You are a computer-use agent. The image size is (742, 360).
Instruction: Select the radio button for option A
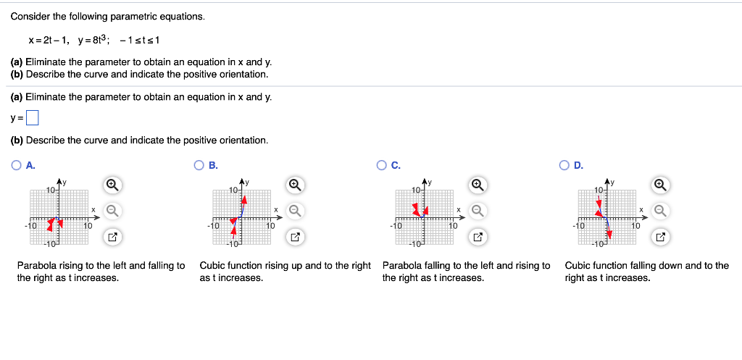[x=16, y=165]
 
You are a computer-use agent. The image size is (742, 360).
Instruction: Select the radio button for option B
[x=199, y=165]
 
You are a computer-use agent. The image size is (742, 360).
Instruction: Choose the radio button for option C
[x=381, y=165]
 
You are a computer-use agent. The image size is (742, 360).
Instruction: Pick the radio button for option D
[x=564, y=165]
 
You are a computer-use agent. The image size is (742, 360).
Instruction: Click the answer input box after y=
[x=32, y=117]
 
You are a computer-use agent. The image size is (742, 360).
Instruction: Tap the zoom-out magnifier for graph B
[x=295, y=211]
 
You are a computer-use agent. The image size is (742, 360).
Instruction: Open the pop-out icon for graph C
[x=478, y=237]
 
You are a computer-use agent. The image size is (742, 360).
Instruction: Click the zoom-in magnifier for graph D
[x=660, y=185]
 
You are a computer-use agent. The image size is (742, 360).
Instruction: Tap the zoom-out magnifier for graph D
[x=660, y=211]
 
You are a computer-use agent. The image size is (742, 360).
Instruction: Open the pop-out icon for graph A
[x=112, y=237]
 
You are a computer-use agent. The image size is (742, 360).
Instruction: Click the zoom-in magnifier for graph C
[x=478, y=185]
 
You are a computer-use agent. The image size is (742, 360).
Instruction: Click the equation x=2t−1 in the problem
[x=50, y=38]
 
